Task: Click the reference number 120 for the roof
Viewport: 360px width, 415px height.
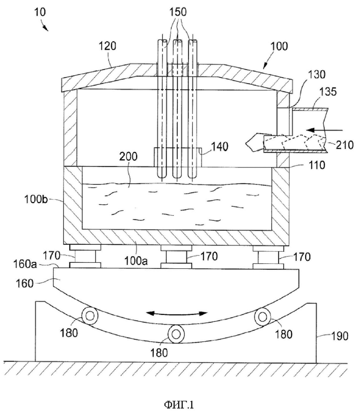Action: point(107,46)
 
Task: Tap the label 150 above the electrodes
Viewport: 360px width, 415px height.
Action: point(178,12)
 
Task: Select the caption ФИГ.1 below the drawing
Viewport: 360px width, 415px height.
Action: point(179,405)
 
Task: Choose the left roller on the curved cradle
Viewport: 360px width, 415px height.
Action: point(90,316)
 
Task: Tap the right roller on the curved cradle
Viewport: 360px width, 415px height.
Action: point(263,317)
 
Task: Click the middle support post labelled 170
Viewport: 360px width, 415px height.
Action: point(176,257)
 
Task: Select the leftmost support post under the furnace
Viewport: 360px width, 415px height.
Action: point(85,256)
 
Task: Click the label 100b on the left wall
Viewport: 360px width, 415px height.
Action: point(36,199)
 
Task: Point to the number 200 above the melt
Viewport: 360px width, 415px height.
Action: point(128,156)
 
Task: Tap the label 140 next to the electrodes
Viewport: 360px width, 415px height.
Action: point(220,146)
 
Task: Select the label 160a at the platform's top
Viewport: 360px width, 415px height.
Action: point(25,264)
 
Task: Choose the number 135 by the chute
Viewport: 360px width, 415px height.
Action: point(328,92)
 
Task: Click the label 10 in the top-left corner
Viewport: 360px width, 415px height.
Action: point(40,12)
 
